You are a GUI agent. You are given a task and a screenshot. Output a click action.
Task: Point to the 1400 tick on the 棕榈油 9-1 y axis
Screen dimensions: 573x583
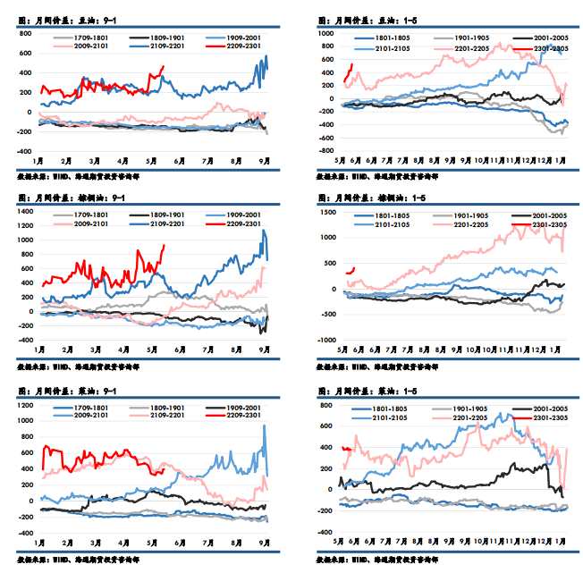pos(24,212)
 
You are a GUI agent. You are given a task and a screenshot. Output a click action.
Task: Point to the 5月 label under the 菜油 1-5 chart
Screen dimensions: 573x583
pos(340,541)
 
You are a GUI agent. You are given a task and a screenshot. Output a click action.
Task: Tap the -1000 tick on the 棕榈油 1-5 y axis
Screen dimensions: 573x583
pos(324,340)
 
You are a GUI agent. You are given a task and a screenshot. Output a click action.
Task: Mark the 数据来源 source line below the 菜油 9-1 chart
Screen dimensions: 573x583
pos(77,560)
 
